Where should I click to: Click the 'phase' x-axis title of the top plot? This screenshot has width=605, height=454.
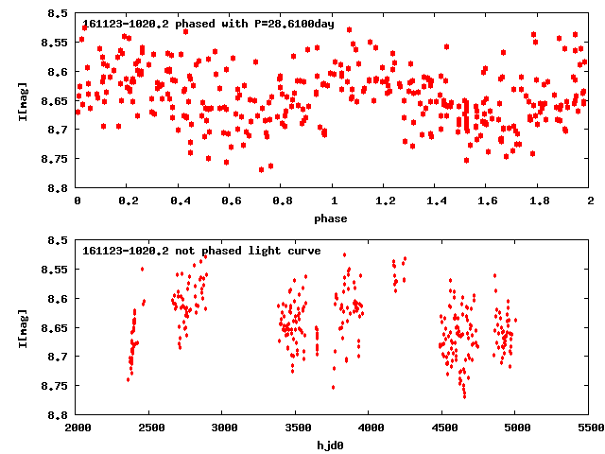tap(333, 218)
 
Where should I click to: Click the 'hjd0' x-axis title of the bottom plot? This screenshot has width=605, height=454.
tap(333, 445)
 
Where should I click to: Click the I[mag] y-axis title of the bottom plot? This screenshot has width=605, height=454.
tap(22, 326)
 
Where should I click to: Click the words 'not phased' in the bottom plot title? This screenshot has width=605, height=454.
tap(202, 251)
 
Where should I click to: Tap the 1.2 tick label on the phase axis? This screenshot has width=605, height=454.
tap(385, 201)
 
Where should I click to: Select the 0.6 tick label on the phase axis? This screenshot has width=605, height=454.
tap(231, 201)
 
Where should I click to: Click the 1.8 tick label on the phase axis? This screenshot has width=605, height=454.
tap(539, 201)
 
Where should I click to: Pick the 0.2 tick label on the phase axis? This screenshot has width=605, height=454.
tap(128, 201)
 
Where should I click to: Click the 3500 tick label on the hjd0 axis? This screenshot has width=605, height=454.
tap(296, 428)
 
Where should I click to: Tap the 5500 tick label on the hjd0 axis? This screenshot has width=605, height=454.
tap(590, 428)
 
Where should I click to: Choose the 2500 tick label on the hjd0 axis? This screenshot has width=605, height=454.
tap(149, 428)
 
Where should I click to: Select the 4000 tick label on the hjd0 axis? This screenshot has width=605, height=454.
tap(370, 428)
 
